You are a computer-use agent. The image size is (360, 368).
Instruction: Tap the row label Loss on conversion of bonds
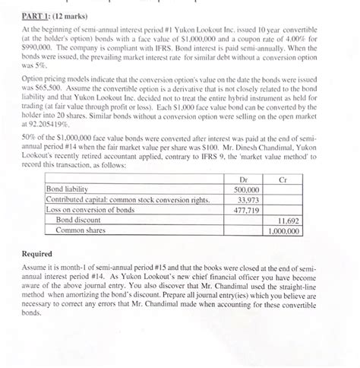coord(90,209)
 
